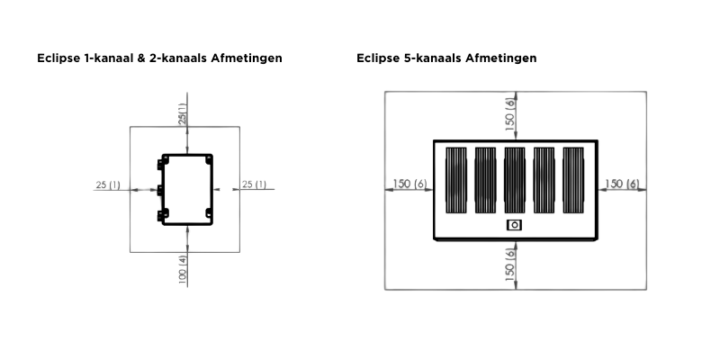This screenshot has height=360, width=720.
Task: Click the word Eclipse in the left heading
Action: (x=56, y=58)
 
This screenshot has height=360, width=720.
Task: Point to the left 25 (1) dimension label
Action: (x=108, y=185)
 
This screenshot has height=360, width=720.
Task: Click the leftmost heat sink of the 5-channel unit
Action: (x=457, y=179)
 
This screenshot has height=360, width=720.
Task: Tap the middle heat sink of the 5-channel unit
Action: (x=514, y=179)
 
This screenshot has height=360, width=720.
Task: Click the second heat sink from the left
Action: (x=486, y=179)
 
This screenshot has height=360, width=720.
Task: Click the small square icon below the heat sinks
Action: (x=514, y=225)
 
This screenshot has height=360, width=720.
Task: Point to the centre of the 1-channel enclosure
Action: (x=187, y=189)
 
